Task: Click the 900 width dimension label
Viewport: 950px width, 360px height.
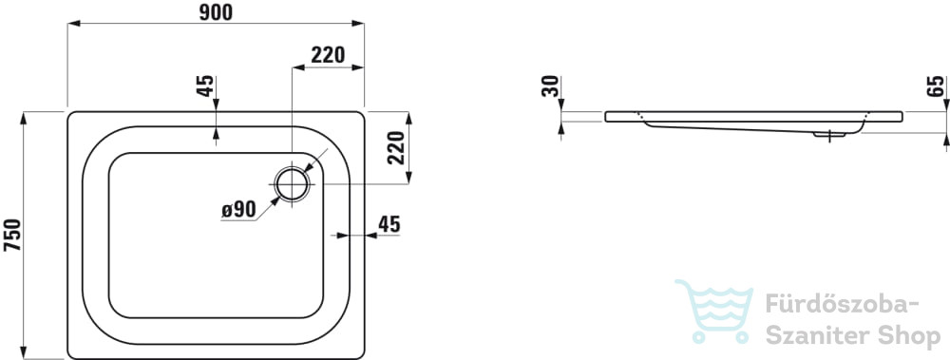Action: coord(216,12)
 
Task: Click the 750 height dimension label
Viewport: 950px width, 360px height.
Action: coord(12,236)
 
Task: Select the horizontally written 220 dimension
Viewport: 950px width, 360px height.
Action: coord(328,55)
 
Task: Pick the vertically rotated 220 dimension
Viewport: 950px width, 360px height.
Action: coord(395,148)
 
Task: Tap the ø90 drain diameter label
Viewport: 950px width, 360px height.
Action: coord(238,210)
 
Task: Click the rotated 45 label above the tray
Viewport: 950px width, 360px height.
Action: coord(205,86)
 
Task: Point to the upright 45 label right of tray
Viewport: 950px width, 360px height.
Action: coord(389,224)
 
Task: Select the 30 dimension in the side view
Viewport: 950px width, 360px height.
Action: coord(552,86)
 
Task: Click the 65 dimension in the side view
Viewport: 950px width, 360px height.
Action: coord(936,86)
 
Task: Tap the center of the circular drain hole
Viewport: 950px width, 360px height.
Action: coord(293,183)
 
